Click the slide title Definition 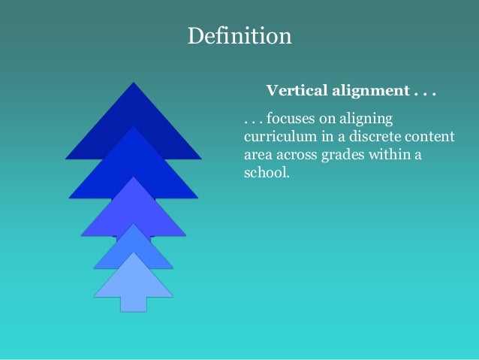[x=239, y=35]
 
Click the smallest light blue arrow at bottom [x=134, y=282]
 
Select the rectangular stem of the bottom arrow [x=134, y=303]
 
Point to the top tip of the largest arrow [x=134, y=83]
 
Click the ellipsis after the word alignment [x=424, y=93]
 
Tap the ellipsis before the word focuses [x=252, y=123]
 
